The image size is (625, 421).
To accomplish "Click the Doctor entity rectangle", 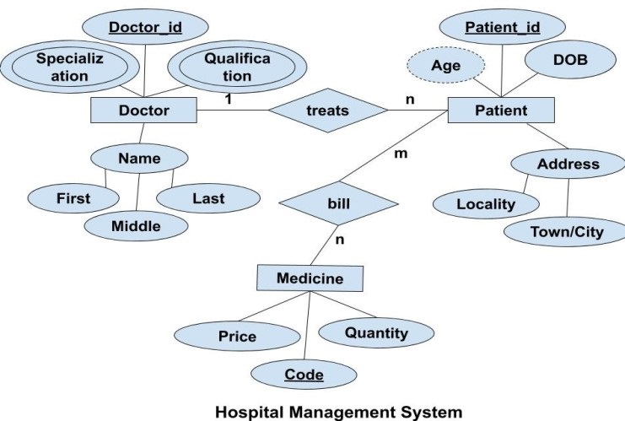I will click(x=143, y=110).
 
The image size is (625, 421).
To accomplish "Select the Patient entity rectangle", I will click(x=501, y=110).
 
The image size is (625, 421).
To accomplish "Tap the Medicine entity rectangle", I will click(x=310, y=278).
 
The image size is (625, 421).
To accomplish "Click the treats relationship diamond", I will click(x=327, y=110).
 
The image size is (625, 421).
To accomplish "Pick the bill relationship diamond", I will click(x=338, y=203).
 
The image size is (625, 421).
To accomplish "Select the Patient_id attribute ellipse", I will click(x=503, y=28).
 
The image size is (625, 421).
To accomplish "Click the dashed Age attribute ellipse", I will click(x=445, y=64).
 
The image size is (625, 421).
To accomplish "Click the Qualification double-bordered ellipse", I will click(x=226, y=66).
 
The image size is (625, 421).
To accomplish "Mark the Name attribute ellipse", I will click(x=139, y=158).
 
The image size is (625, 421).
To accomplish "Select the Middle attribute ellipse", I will click(x=136, y=225).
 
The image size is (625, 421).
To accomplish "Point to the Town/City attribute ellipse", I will click(x=566, y=231).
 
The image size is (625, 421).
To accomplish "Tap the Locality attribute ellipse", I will click(x=485, y=203).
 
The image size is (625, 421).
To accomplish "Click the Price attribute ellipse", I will click(x=237, y=337).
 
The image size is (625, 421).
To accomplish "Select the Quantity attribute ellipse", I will click(x=376, y=332).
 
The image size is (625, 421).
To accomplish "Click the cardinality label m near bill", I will click(x=401, y=154).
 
